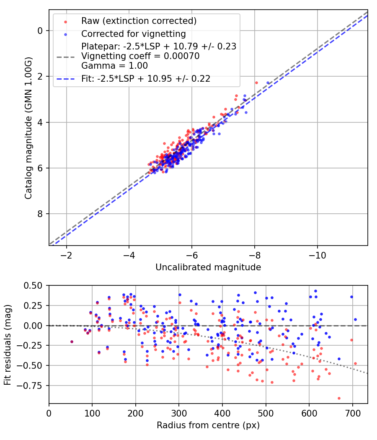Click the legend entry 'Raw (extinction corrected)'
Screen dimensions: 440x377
(x=139, y=21)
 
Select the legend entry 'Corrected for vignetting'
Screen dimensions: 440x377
(x=134, y=34)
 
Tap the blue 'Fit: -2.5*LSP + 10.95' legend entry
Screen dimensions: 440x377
(x=146, y=78)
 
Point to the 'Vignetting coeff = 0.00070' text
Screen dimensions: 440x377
(x=140, y=56)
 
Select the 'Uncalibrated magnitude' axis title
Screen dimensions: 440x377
(x=208, y=267)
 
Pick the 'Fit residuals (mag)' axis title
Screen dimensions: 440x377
(x=8, y=345)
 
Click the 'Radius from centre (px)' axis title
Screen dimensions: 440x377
(x=208, y=425)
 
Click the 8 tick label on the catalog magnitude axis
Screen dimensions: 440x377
(x=40, y=214)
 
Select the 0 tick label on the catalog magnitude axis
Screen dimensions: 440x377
(x=40, y=31)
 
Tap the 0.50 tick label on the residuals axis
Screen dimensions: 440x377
(x=34, y=285)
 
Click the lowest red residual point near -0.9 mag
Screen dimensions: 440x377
(x=339, y=398)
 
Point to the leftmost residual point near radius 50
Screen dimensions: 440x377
(x=72, y=342)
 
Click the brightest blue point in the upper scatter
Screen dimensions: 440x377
(x=268, y=83)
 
